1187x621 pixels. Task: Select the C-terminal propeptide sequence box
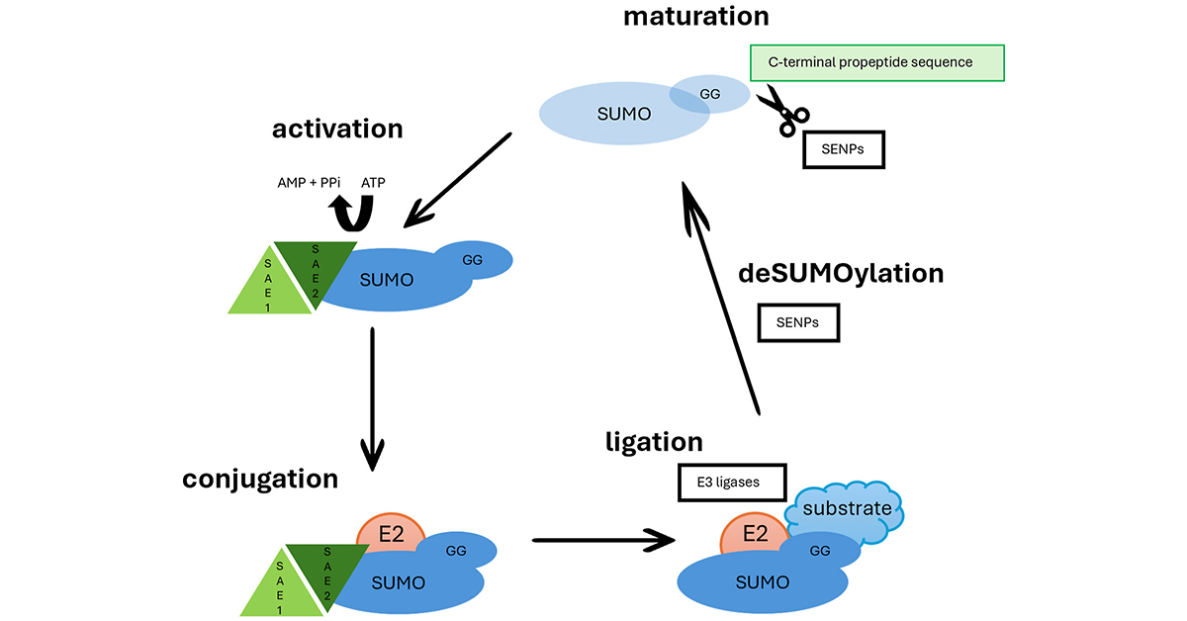point(877,62)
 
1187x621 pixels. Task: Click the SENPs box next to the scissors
point(843,149)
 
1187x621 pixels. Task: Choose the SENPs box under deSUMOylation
point(798,322)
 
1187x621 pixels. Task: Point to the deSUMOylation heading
point(841,274)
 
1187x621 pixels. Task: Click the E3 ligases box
point(732,483)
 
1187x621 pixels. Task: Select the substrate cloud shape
point(847,510)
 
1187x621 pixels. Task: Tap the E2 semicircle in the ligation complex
point(755,534)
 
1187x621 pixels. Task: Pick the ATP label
point(373,183)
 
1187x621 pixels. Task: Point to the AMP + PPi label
point(309,183)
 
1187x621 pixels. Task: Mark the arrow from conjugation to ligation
point(603,540)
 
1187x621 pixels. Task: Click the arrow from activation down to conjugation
point(372,396)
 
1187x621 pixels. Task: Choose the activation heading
point(337,129)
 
